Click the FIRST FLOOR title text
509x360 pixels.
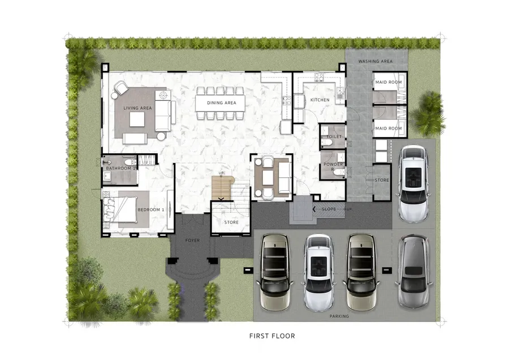272,336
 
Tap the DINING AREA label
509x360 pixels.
222,102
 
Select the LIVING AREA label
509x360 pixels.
137,108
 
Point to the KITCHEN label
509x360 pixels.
320,100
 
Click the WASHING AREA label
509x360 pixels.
376,61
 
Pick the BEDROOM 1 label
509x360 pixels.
151,209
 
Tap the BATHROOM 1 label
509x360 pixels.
121,168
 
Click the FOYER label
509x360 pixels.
192,241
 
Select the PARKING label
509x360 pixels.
339,316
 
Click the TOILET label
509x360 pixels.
334,136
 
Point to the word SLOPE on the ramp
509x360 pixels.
329,209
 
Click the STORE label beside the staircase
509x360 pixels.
231,222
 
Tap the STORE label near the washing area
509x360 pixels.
382,180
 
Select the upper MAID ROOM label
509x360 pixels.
389,82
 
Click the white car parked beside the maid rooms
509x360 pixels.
413,184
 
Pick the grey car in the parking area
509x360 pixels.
413,272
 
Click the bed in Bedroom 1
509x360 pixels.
119,209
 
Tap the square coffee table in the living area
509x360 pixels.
137,119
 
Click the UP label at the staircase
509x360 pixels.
221,173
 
